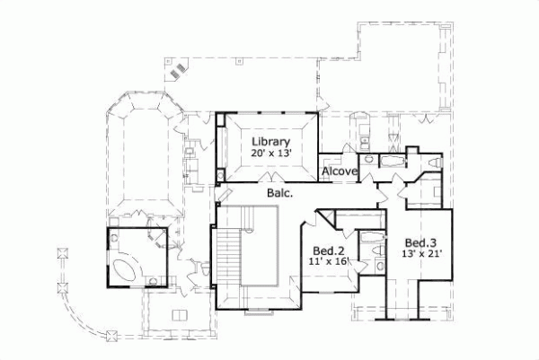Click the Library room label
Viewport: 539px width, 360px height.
pos(269,142)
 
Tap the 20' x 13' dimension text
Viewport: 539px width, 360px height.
pos(269,154)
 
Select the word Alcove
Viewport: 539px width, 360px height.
pos(340,171)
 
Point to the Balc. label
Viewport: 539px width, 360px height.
pos(278,192)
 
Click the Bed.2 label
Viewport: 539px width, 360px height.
pos(329,250)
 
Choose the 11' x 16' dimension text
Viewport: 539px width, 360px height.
pos(329,262)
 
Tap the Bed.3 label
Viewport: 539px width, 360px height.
pos(420,242)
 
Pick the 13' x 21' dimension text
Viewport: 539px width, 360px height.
pos(420,254)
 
